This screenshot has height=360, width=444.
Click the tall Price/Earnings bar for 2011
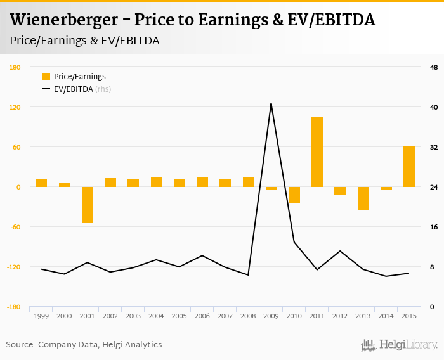pos(317,151)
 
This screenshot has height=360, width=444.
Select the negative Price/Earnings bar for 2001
pos(87,205)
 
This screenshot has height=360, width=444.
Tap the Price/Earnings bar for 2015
pos(409,166)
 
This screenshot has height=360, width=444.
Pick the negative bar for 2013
pos(363,198)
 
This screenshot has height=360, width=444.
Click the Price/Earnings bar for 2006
pos(202,182)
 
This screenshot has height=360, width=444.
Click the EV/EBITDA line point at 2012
pos(340,251)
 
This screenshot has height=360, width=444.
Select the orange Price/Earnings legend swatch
pos(46,77)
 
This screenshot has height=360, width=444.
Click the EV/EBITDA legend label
pos(73,89)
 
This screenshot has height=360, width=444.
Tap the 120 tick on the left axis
pos(15,107)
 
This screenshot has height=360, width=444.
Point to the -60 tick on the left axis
pos(15,227)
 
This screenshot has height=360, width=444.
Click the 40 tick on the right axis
pos(434,107)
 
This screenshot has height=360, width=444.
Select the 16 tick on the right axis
pos(434,227)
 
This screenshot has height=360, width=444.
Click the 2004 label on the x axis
pos(156,316)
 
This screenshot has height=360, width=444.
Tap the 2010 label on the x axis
pos(294,316)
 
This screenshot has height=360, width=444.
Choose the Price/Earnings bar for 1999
pos(41,183)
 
